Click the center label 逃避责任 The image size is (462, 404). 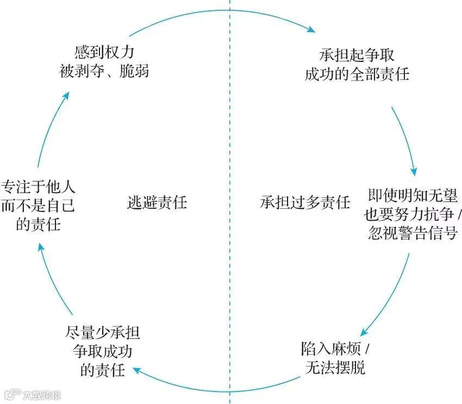click(157, 203)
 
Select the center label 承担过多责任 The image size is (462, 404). click(305, 203)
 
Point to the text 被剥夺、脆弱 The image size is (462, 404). click(104, 71)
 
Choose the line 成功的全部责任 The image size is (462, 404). click(356, 73)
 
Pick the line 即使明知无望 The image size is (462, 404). click(412, 196)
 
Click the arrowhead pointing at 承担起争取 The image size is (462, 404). click(313, 30)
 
